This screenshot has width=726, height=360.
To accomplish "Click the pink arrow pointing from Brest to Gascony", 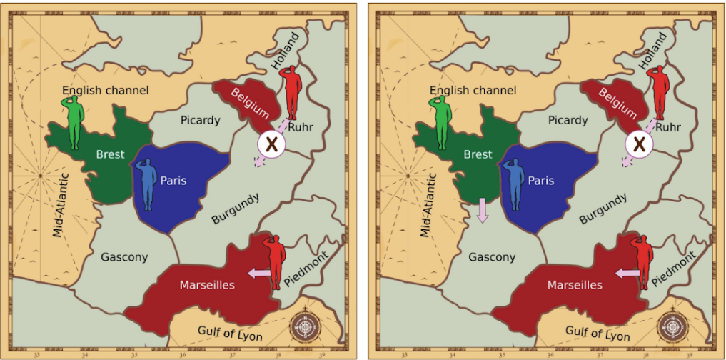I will (483, 210).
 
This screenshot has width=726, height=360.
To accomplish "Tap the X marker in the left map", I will (271, 144).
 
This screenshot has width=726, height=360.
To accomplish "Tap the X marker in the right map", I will (639, 144).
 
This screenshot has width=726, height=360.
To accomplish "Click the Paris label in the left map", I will (173, 181).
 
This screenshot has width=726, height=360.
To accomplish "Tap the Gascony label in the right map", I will (492, 257).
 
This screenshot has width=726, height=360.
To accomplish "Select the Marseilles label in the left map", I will (207, 285).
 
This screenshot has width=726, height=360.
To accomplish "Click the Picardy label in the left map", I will (200, 120).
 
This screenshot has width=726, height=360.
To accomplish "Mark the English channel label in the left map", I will (105, 90).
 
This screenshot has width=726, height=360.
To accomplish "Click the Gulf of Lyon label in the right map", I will (598, 332).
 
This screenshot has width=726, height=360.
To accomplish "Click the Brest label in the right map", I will (478, 154).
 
